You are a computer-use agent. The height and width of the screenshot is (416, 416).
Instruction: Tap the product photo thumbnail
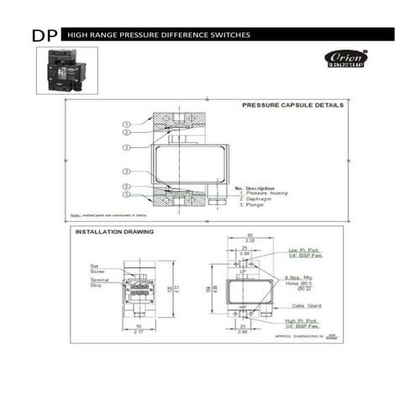coord(66,70)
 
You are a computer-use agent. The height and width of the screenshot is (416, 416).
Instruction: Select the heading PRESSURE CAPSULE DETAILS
coord(292,106)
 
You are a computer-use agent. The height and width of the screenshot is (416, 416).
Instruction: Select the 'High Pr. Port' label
coord(302,321)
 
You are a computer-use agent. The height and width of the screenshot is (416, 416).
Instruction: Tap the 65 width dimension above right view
coord(250,234)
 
